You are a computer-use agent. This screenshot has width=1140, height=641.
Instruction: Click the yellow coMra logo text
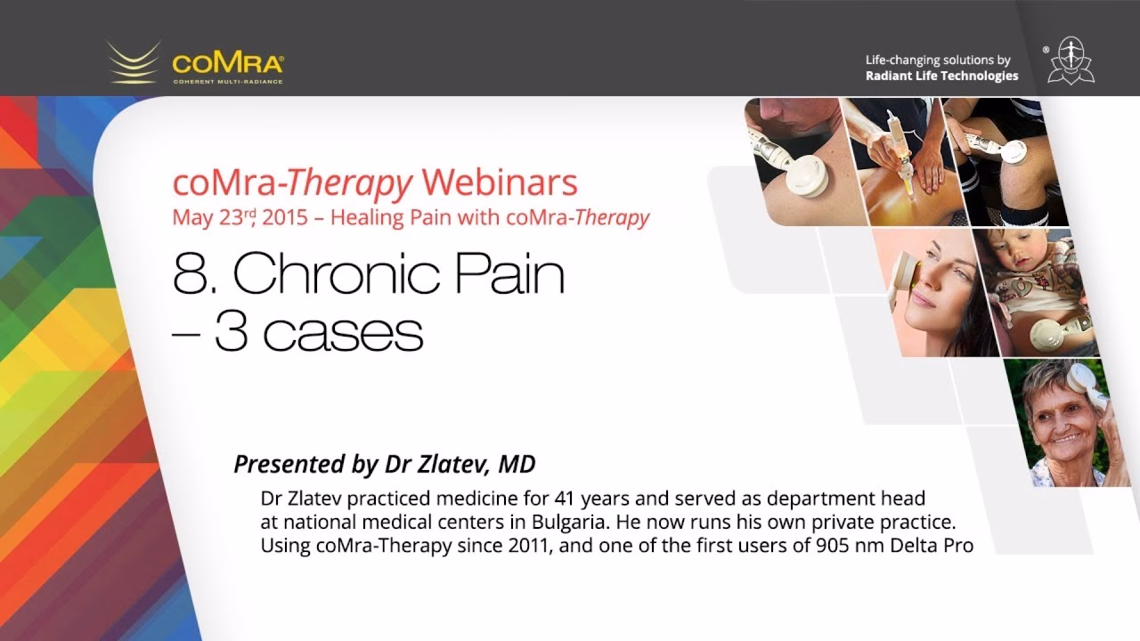click(228, 63)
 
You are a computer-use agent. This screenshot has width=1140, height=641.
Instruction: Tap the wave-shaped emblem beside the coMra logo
click(134, 63)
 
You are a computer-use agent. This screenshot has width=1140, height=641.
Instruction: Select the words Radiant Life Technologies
click(942, 76)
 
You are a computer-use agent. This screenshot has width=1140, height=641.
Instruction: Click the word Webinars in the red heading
click(500, 183)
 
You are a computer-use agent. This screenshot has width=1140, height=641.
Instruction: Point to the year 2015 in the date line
click(285, 218)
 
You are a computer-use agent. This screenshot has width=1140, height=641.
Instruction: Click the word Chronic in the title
click(337, 273)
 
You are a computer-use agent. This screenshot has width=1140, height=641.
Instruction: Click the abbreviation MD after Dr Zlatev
click(517, 464)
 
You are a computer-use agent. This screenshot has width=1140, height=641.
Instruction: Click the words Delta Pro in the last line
click(932, 546)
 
